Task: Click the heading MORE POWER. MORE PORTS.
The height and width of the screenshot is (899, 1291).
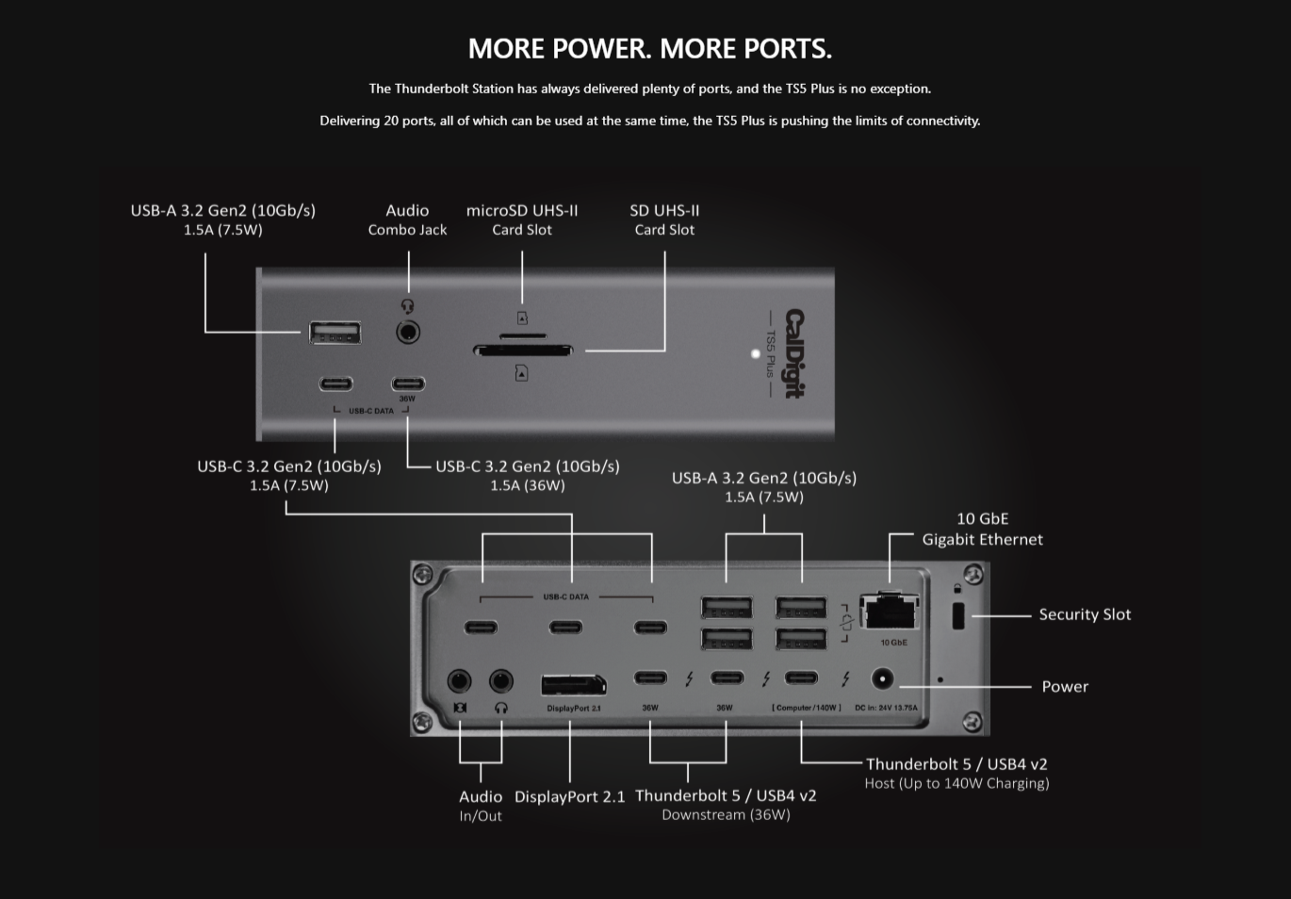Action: tap(649, 48)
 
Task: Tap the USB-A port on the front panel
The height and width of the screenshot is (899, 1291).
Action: tap(335, 332)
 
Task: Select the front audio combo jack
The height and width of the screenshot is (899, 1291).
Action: tap(408, 332)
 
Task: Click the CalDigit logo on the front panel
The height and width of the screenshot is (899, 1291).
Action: tap(795, 353)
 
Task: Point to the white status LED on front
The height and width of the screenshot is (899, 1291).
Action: tap(755, 354)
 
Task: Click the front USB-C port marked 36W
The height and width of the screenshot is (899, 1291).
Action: tap(408, 384)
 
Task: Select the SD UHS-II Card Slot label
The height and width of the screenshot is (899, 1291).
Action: tap(664, 220)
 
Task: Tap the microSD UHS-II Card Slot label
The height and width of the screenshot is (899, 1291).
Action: tap(522, 220)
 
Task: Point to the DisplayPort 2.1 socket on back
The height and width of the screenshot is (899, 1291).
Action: tap(573, 685)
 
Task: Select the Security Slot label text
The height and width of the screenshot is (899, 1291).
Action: tap(1085, 614)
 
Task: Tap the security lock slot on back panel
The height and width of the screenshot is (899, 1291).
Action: tap(958, 617)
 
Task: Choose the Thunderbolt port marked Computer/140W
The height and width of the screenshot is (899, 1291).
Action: tap(801, 678)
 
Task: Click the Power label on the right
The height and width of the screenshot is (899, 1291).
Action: tap(1065, 687)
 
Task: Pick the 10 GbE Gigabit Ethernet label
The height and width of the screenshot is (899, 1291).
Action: tap(982, 529)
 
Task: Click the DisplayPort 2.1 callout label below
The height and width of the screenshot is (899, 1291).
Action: tap(569, 797)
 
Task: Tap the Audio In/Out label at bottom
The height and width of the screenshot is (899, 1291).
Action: tap(481, 806)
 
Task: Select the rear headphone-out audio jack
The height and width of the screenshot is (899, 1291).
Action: tap(501, 680)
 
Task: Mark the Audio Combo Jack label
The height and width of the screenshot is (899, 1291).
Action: tap(407, 220)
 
